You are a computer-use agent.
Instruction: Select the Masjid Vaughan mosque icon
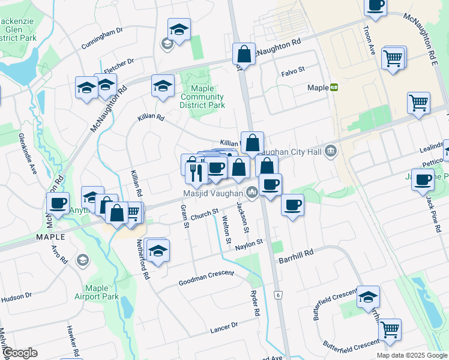(252, 193)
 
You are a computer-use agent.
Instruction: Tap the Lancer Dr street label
(224, 327)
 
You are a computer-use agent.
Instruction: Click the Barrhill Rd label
(296, 254)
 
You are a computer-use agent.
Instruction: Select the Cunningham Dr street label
(102, 37)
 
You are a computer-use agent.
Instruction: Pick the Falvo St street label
(293, 70)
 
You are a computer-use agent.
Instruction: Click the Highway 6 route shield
(278, 295)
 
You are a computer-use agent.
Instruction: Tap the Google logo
(20, 353)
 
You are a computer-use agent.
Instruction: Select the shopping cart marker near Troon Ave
(393, 58)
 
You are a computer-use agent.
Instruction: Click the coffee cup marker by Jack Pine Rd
(423, 179)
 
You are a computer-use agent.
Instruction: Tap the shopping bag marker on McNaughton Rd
(244, 53)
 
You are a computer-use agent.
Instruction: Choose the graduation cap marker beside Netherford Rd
(157, 250)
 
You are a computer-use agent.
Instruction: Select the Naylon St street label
(249, 243)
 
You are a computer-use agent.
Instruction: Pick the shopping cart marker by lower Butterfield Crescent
(390, 329)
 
